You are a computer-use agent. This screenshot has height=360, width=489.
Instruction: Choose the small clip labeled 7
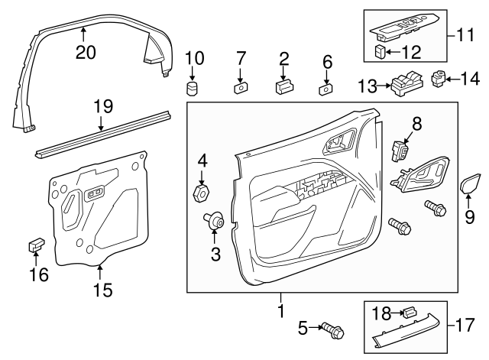click(240, 88)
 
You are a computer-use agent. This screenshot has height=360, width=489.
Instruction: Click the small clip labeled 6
click(325, 89)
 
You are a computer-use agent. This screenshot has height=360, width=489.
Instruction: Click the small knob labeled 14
click(440, 78)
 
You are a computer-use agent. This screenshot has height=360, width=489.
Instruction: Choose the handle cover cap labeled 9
click(468, 186)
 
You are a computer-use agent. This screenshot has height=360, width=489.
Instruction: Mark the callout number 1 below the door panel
click(280, 313)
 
